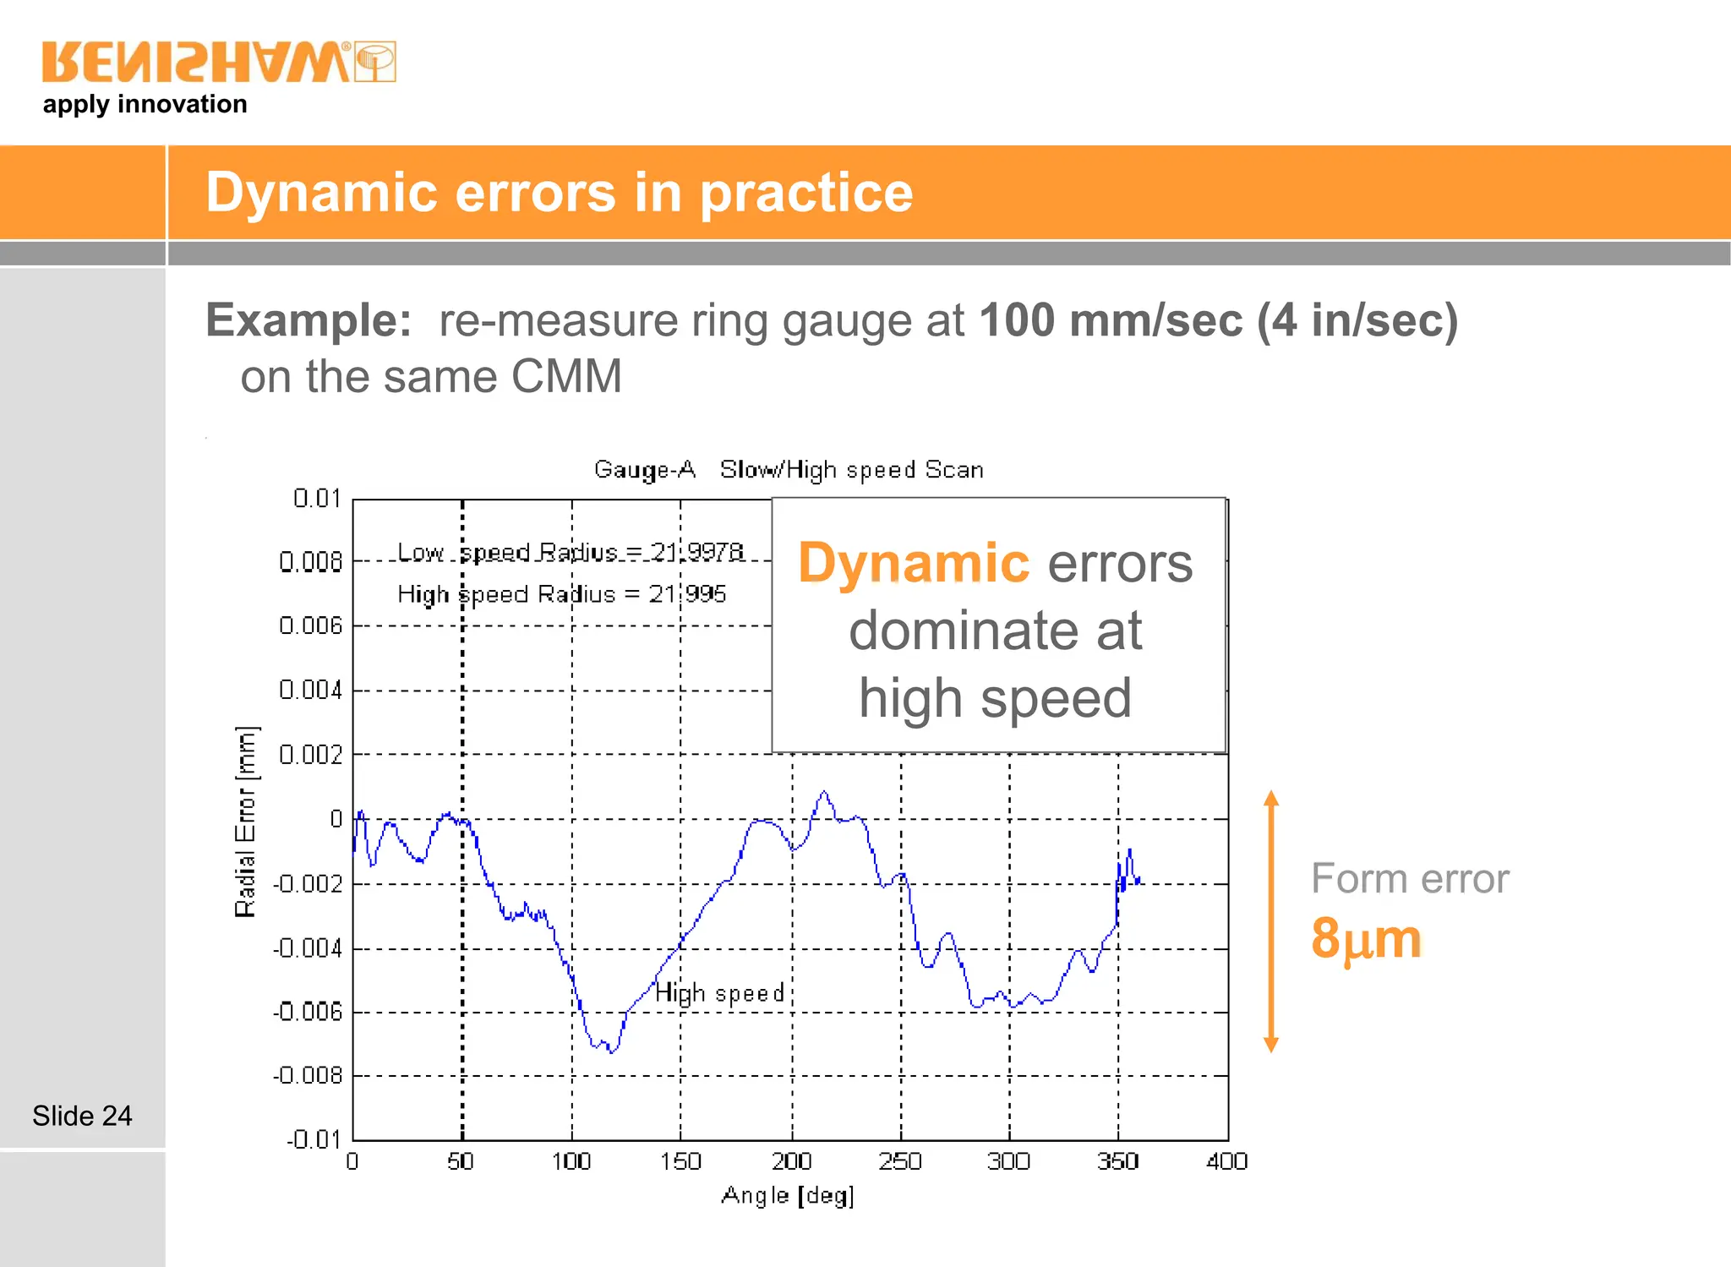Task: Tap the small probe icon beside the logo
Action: pyautogui.click(x=375, y=62)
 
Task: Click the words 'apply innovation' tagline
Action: pyautogui.click(x=145, y=104)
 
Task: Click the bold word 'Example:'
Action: pyautogui.click(x=309, y=320)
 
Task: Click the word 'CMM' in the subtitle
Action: pyautogui.click(x=566, y=376)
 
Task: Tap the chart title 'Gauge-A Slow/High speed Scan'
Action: pyautogui.click(x=788, y=470)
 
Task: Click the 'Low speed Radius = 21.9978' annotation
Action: pyautogui.click(x=571, y=552)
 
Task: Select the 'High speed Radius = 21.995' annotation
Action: pyautogui.click(x=561, y=594)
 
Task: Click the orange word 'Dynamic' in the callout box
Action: pyautogui.click(x=914, y=563)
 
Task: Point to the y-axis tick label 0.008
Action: pyautogui.click(x=310, y=561)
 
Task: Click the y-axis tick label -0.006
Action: pyautogui.click(x=308, y=1012)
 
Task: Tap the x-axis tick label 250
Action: pyautogui.click(x=900, y=1161)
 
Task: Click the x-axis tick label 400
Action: pyautogui.click(x=1226, y=1161)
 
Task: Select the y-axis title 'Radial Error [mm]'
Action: pyautogui.click(x=245, y=821)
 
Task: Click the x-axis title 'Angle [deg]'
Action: pyautogui.click(x=788, y=1195)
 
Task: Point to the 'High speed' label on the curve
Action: pyautogui.click(x=720, y=992)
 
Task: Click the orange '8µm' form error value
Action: pyautogui.click(x=1366, y=938)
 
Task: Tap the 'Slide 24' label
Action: pyautogui.click(x=82, y=1116)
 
